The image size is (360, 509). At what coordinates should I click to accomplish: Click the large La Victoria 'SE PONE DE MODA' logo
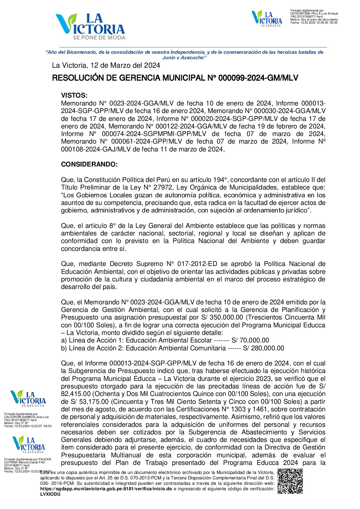(x=90, y=27)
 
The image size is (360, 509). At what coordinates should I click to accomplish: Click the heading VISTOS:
(x=74, y=96)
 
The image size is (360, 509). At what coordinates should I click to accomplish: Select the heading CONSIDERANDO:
(x=89, y=164)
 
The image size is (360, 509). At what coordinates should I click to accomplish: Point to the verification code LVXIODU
(x=50, y=494)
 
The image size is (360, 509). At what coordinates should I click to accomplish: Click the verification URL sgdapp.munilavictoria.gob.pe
(x=106, y=489)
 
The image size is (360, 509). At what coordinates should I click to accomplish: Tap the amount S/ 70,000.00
(x=250, y=340)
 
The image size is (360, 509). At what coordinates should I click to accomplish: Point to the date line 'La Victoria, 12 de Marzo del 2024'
(x=106, y=65)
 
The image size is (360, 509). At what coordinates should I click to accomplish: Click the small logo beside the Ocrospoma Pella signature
(x=267, y=18)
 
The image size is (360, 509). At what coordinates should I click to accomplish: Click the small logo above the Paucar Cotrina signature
(x=28, y=444)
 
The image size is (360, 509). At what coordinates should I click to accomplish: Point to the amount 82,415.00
(x=76, y=394)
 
